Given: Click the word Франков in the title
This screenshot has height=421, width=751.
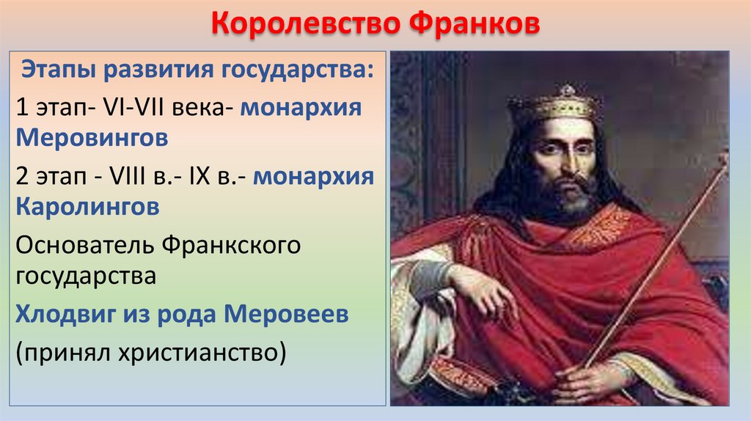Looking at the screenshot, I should [x=471, y=25].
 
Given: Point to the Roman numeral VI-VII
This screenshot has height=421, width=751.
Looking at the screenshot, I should [x=139, y=107].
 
